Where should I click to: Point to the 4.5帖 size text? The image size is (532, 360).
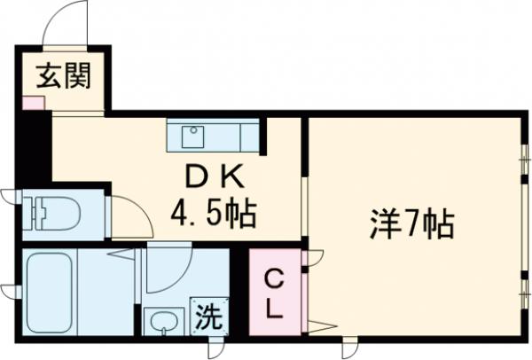click(x=210, y=213)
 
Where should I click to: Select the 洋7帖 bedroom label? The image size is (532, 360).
click(x=411, y=222)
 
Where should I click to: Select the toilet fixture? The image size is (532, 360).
click(x=53, y=213)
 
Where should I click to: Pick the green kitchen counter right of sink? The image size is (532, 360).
click(x=235, y=137)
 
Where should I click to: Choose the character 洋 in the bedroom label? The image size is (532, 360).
click(x=383, y=222)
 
